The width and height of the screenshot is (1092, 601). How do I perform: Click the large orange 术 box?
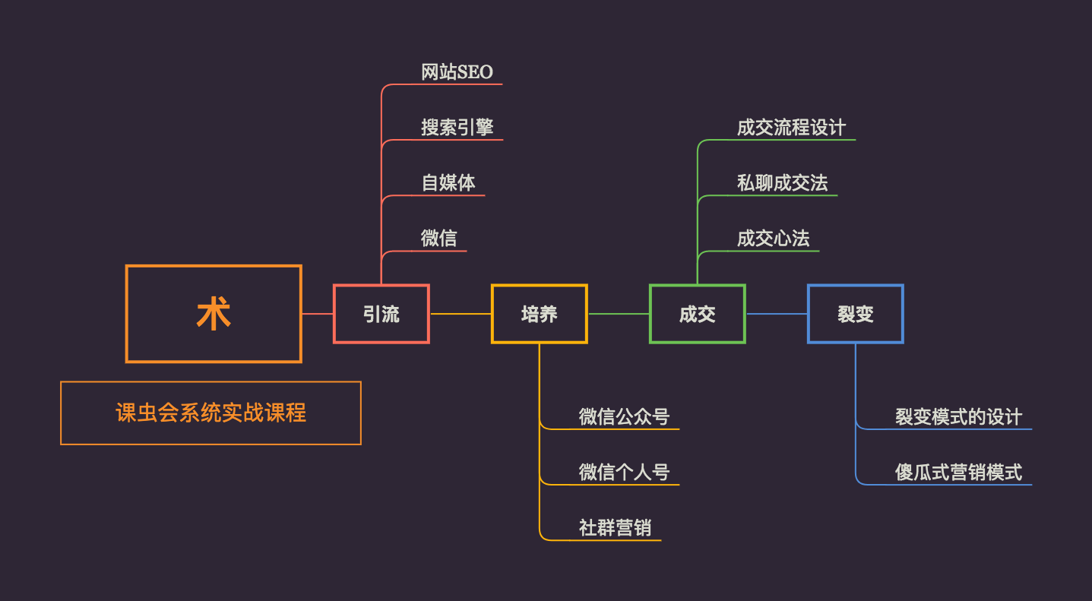(x=214, y=314)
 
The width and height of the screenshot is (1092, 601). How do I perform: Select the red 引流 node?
(x=381, y=314)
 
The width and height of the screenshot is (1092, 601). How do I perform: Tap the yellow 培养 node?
(x=540, y=314)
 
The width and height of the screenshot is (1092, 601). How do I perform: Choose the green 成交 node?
(x=698, y=314)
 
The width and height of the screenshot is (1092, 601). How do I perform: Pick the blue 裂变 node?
(x=856, y=314)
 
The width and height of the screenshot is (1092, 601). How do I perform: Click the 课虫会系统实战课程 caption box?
(x=210, y=413)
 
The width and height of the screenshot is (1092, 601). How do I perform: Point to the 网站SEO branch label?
(x=457, y=72)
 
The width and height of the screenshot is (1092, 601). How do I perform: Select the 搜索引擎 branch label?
(x=457, y=128)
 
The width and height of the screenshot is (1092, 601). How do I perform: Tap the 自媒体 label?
(x=448, y=183)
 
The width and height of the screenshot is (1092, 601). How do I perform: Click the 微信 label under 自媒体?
(x=439, y=239)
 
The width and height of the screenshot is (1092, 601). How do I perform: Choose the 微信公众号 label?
(x=624, y=416)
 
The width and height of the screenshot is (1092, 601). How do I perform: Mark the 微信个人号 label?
(x=624, y=472)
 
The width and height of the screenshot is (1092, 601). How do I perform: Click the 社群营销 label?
(x=615, y=527)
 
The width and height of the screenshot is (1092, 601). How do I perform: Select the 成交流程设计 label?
(x=791, y=128)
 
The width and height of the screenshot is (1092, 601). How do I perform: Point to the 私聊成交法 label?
(x=782, y=183)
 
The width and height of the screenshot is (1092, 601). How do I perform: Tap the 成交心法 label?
(x=773, y=239)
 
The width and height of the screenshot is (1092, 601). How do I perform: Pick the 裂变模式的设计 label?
(x=958, y=416)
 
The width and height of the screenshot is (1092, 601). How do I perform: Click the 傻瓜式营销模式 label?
(x=958, y=472)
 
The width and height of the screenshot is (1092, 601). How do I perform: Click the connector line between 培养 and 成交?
(x=619, y=314)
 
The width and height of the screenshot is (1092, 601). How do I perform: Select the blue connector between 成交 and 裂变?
(x=777, y=314)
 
